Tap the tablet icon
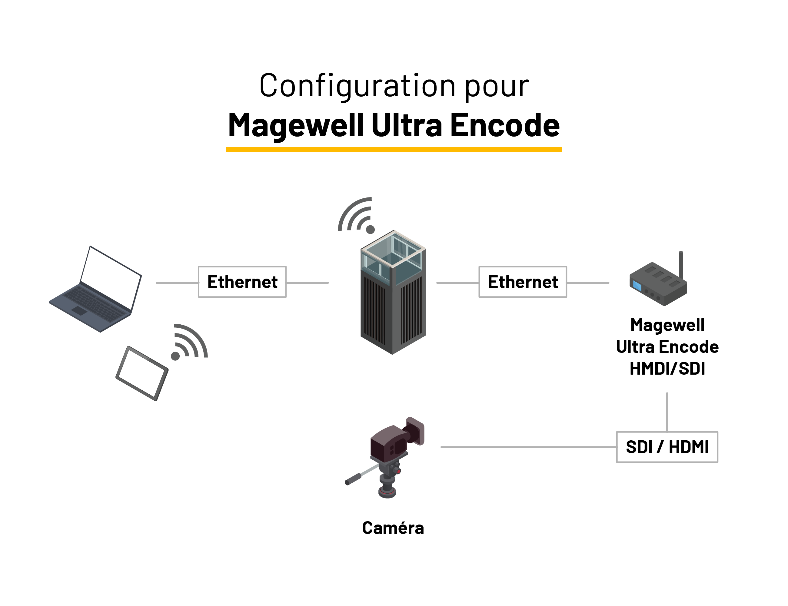tap(142, 373)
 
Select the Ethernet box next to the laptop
tap(242, 282)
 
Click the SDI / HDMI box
tap(667, 447)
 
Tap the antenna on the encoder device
tap(681, 265)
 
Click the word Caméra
tap(393, 528)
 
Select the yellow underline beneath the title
tap(394, 150)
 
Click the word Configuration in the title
tap(357, 86)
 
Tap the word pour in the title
tap(497, 86)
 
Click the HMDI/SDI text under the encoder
tap(667, 369)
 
